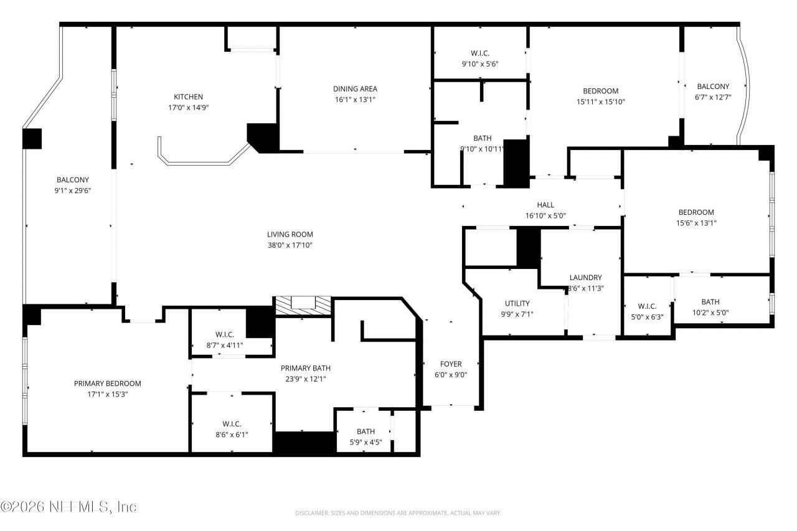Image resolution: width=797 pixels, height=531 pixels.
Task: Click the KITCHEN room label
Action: (188, 96)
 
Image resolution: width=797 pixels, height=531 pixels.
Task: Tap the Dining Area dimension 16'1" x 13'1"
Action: (355, 99)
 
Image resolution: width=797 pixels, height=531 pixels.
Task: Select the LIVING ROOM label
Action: (290, 235)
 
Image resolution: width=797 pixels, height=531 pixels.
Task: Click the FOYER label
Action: (450, 364)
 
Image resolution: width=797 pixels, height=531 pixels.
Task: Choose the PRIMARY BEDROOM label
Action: (107, 383)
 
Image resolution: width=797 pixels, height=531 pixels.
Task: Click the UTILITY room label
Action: (517, 303)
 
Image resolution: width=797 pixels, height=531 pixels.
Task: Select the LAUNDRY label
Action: (585, 278)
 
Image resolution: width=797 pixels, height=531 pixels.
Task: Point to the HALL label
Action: (545, 205)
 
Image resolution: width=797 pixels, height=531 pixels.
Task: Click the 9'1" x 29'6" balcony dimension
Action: (73, 190)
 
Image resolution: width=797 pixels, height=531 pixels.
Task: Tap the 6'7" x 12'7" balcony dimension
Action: (713, 96)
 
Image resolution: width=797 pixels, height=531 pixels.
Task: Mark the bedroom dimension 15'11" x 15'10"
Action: (600, 101)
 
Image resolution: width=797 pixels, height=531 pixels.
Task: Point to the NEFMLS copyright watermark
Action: (68, 507)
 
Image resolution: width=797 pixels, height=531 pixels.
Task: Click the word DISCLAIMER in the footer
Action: (312, 514)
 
